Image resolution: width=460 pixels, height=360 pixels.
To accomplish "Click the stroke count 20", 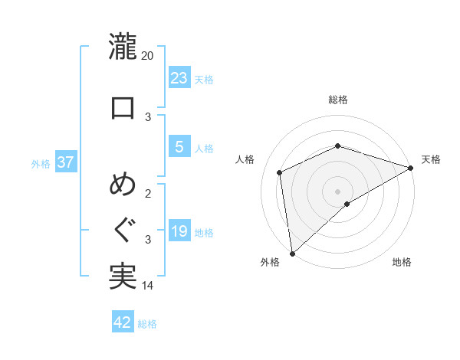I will point(148,56).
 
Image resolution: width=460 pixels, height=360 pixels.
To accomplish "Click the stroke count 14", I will point(148,286).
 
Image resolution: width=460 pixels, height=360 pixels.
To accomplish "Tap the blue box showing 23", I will point(179,77).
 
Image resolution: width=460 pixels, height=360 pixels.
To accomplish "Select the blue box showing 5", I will point(179,147).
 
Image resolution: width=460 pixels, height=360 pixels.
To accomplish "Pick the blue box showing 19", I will point(179,231).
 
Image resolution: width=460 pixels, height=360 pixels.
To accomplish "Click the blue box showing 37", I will point(66,162).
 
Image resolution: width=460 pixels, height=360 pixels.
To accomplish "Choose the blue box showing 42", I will point(123,322).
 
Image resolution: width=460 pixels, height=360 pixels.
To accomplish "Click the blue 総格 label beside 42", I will point(147,323).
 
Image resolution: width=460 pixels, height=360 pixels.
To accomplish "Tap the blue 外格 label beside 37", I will point(41,163).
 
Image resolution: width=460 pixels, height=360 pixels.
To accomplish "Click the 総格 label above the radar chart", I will point(338,100).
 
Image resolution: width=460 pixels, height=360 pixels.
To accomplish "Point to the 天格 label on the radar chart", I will point(432,159).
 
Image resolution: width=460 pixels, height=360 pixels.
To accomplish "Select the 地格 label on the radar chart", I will point(402,263).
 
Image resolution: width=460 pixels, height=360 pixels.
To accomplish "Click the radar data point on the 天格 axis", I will point(411,168).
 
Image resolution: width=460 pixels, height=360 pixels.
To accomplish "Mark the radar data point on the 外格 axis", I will point(292,254).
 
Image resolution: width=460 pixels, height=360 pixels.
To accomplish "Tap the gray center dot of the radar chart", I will point(337,191).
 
